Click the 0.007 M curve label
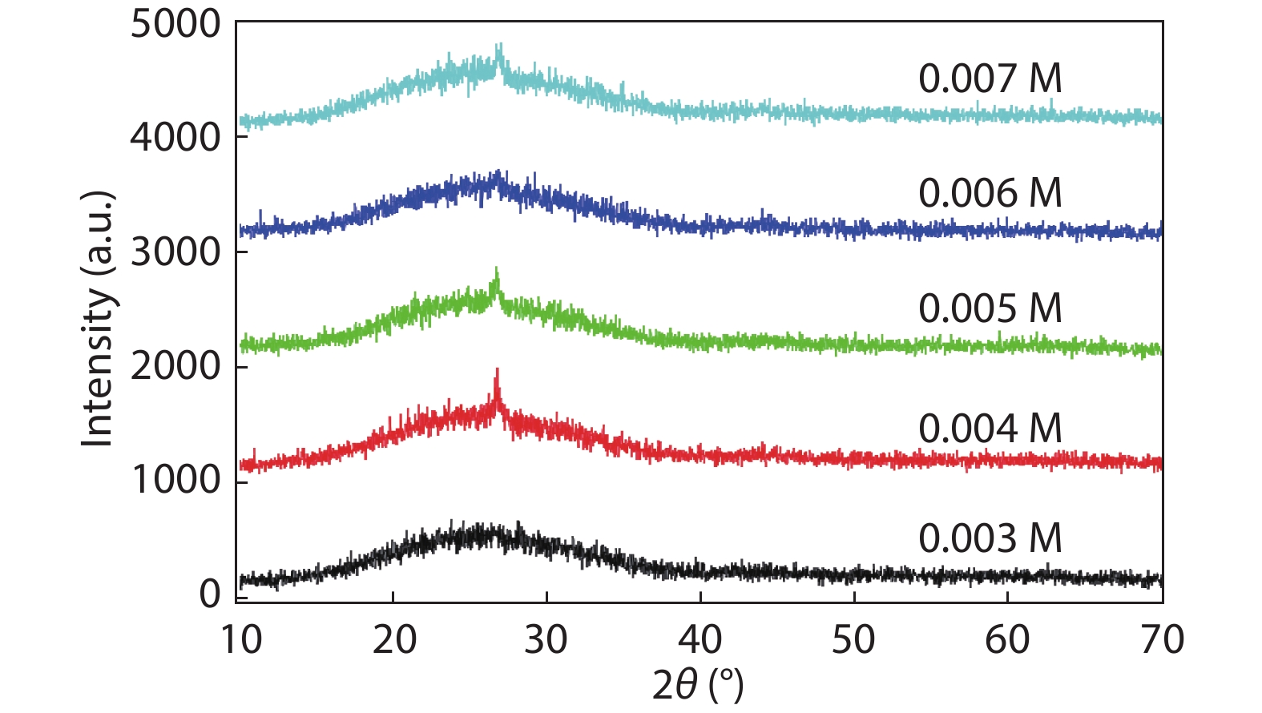(990, 79)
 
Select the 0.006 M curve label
(990, 193)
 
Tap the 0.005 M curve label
(990, 308)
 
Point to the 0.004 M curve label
(990, 429)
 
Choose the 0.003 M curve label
(990, 538)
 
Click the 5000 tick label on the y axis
(175, 24)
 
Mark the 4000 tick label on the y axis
(175, 138)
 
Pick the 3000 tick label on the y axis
(175, 252)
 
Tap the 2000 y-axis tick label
(175, 367)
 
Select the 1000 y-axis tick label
(175, 481)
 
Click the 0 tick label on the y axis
(210, 594)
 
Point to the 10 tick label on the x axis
(240, 640)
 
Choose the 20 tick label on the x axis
(394, 640)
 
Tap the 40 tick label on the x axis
(700, 640)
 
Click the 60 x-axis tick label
(1007, 640)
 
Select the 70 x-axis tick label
(1162, 640)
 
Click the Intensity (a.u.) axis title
(98, 319)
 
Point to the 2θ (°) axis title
(698, 686)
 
